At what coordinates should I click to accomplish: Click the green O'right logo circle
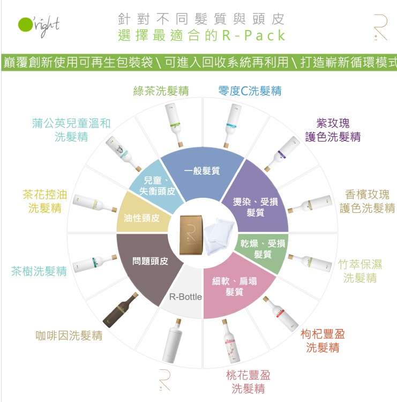pyautogui.click(x=25, y=25)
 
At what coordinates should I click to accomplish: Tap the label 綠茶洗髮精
pyautogui.click(x=161, y=91)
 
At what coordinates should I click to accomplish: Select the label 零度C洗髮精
pyautogui.click(x=250, y=91)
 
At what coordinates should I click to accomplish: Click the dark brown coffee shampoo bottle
pyautogui.click(x=121, y=310)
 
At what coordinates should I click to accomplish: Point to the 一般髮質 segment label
pyautogui.click(x=202, y=170)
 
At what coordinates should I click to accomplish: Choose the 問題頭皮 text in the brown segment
pyautogui.click(x=150, y=261)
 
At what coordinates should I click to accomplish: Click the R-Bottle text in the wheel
pyautogui.click(x=185, y=297)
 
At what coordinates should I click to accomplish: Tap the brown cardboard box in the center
pyautogui.click(x=191, y=235)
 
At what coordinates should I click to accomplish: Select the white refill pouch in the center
pyautogui.click(x=219, y=236)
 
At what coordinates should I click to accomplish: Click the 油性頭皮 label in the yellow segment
pyautogui.click(x=141, y=218)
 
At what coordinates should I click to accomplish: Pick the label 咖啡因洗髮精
pyautogui.click(x=69, y=336)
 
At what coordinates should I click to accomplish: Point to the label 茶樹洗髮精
pyautogui.click(x=39, y=271)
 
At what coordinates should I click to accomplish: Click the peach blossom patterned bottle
pyautogui.click(x=231, y=341)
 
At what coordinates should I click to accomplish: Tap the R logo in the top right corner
pyautogui.click(x=380, y=28)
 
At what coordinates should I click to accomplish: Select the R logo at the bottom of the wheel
pyautogui.click(x=164, y=380)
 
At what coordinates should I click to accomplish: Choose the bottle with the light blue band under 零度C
pyautogui.click(x=232, y=126)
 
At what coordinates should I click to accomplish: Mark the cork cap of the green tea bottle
pyautogui.click(x=180, y=144)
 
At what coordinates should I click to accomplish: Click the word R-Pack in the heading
pyautogui.click(x=253, y=35)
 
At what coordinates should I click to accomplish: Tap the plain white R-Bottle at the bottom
pyautogui.click(x=172, y=341)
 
